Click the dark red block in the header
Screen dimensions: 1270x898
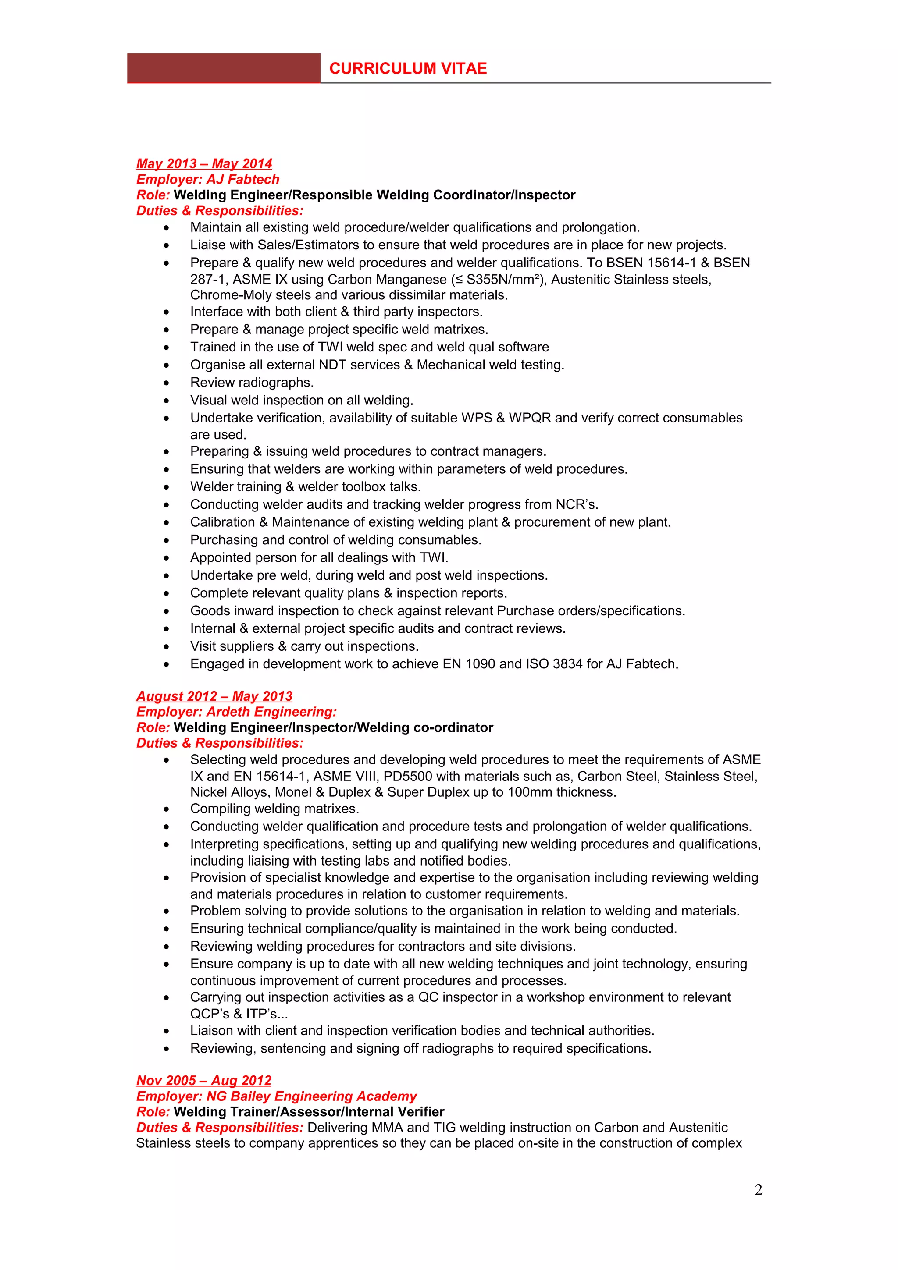224,69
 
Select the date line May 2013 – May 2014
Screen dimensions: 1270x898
204,164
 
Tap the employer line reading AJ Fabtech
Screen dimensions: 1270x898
207,179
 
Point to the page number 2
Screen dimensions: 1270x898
758,1189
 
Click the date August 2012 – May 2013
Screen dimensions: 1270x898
214,696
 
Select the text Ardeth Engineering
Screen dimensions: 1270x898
271,711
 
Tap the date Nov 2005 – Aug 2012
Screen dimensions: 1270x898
203,1080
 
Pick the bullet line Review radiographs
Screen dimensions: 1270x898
252,382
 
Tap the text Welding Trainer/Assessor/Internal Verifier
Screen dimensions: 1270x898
309,1111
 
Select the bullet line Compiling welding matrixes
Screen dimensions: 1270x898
274,808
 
